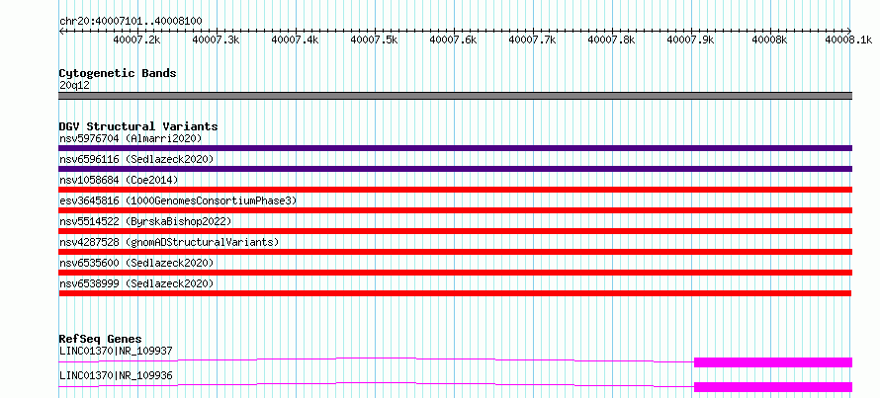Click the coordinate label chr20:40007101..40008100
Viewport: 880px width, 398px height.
[x=131, y=21]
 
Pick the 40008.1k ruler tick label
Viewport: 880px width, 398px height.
[x=848, y=40]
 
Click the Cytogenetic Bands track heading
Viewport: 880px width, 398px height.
[x=118, y=73]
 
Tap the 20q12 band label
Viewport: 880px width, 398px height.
[x=74, y=86]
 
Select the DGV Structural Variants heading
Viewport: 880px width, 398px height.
[x=138, y=126]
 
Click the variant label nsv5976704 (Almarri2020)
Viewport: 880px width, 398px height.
[x=131, y=138]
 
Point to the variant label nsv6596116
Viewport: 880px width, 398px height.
[x=89, y=159]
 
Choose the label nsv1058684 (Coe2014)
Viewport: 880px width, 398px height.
[x=119, y=180]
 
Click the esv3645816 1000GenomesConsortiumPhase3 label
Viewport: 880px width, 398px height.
[x=178, y=200]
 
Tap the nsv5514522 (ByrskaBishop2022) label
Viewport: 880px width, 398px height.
[x=144, y=221]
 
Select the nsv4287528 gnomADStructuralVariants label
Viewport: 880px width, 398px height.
[x=169, y=242]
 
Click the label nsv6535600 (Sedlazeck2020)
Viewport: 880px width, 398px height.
[x=136, y=263]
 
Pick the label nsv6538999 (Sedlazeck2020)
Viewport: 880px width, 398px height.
[x=136, y=283]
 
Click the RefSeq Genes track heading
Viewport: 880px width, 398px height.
[x=100, y=339]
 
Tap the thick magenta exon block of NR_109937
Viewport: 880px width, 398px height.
[x=773, y=362]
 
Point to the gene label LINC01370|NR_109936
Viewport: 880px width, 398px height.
[x=115, y=375]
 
